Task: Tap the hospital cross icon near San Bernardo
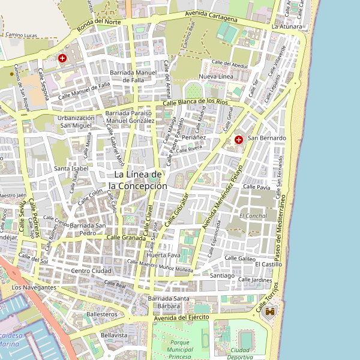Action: click(x=239, y=139)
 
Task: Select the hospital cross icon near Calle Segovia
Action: click(x=62, y=59)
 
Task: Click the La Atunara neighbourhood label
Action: click(x=286, y=27)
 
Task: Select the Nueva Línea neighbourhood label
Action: click(x=216, y=77)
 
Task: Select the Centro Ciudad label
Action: click(x=89, y=271)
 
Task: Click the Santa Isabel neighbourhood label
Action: click(x=71, y=169)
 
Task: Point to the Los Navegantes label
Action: click(x=34, y=287)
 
